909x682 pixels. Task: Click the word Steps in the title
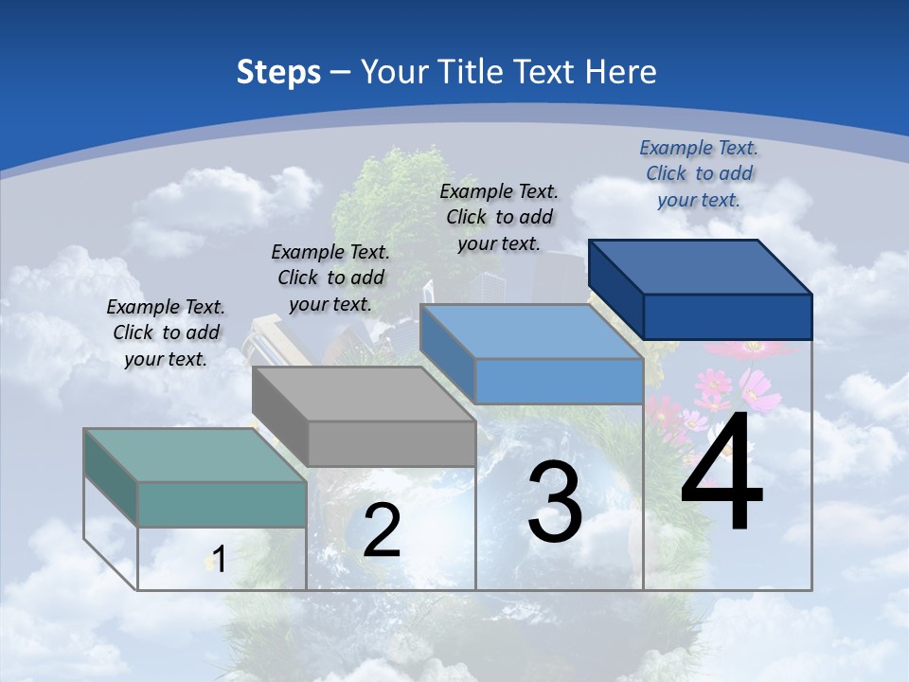tap(278, 72)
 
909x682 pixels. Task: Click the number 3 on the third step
tap(555, 502)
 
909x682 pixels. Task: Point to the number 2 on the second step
tap(382, 530)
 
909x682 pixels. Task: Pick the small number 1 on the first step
tap(219, 560)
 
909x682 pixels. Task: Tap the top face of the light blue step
tap(531, 332)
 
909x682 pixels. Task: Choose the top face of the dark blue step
tap(701, 267)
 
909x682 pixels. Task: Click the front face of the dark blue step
tap(727, 316)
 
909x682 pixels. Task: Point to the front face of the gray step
tap(391, 443)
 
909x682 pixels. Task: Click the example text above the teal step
tap(166, 332)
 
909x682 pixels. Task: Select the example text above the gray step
tap(330, 278)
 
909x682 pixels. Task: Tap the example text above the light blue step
tap(499, 217)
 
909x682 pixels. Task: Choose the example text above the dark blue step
tap(699, 173)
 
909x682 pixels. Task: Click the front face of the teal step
tap(222, 504)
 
